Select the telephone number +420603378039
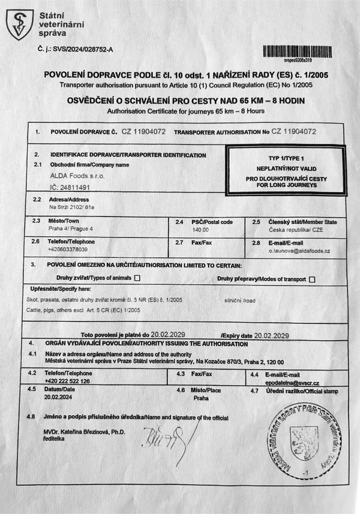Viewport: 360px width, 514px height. tap(71, 249)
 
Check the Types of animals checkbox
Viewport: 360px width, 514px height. tap(137, 278)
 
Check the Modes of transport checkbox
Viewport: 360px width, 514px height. tap(312, 279)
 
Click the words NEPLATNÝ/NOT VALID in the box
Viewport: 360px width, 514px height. tap(285, 170)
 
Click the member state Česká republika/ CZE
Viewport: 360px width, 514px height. tap(288, 230)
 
